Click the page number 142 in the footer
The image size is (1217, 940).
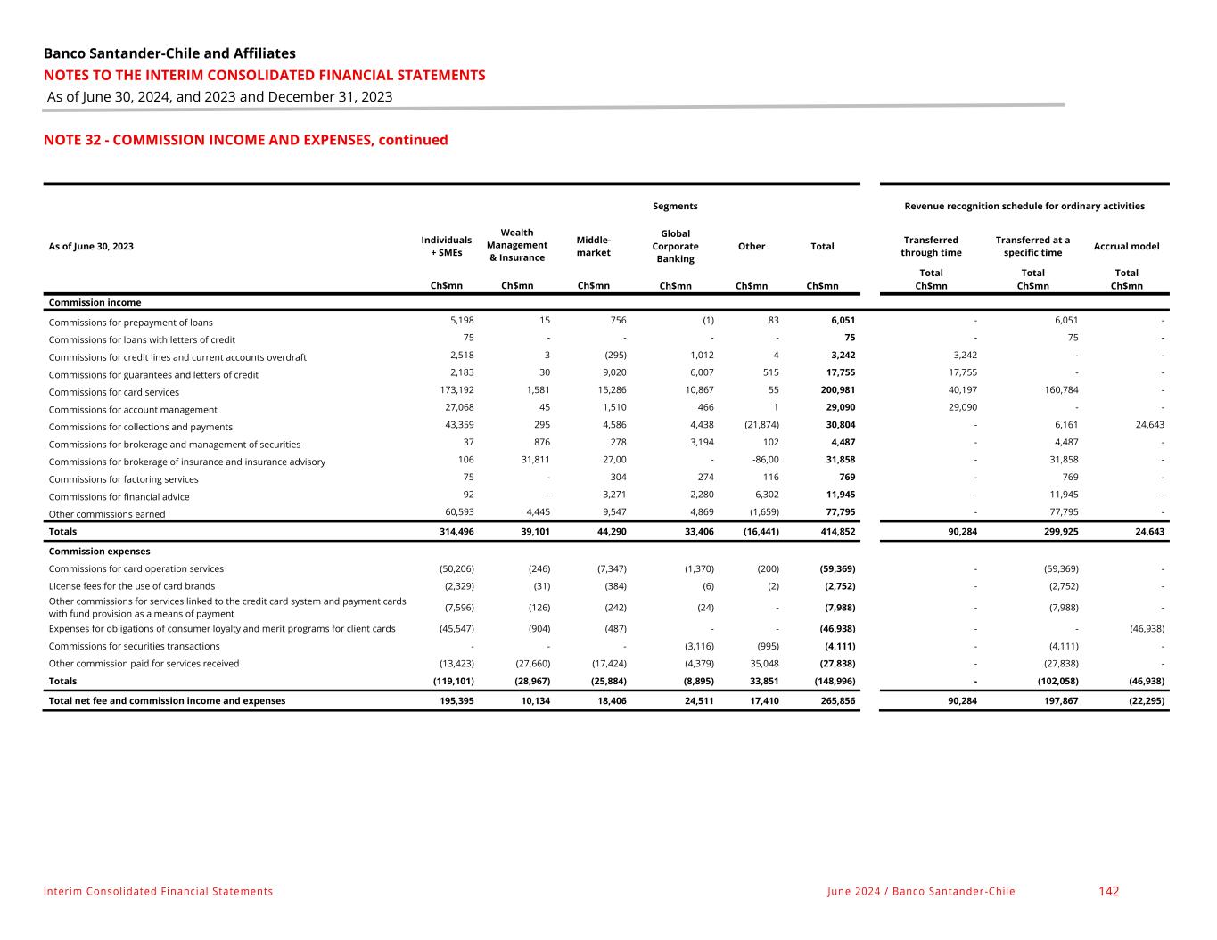(x=1108, y=891)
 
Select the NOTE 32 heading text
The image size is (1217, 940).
(x=245, y=140)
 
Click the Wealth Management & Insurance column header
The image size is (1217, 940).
(x=517, y=245)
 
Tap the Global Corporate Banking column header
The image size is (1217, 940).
(x=675, y=246)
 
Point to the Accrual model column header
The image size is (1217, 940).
(x=1126, y=246)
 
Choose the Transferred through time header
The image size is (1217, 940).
(x=931, y=246)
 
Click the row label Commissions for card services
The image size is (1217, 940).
(x=114, y=392)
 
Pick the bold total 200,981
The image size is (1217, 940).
(x=837, y=390)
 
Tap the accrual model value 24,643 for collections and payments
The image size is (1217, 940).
(x=1146, y=425)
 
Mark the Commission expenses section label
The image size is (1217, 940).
(x=99, y=552)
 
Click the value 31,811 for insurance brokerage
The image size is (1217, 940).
(x=532, y=460)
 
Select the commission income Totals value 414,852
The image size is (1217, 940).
(x=837, y=531)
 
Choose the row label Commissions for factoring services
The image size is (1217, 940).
(x=123, y=479)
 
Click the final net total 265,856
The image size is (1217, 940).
(x=837, y=700)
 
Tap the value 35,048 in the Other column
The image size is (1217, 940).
(x=763, y=663)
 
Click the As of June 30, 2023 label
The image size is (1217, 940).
(x=91, y=246)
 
